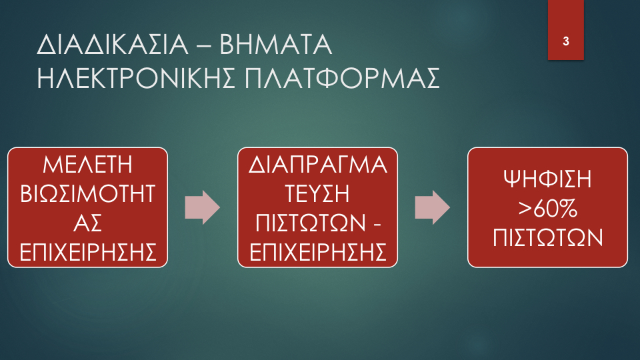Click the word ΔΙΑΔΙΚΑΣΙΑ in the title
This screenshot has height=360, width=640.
[113, 45]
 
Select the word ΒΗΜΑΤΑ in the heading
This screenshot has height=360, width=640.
[276, 45]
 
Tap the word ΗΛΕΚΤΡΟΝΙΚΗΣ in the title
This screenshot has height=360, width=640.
[136, 78]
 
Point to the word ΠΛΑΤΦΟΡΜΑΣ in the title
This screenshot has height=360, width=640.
[342, 78]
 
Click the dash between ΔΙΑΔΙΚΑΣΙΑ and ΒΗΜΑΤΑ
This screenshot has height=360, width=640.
[204, 46]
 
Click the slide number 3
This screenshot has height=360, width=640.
[566, 41]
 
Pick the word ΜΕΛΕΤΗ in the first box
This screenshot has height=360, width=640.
[87, 165]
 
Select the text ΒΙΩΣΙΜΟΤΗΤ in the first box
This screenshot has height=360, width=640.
[87, 193]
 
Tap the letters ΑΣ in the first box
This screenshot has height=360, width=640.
[87, 223]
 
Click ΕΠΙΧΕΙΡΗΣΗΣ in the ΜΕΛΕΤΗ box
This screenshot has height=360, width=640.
[87, 252]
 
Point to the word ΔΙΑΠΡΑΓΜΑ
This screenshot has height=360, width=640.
[317, 165]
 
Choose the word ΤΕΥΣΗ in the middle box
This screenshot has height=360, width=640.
[317, 193]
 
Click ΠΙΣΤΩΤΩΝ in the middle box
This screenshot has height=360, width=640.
[311, 223]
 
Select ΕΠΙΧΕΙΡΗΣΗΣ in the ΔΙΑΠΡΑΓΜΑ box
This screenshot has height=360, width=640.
[317, 252]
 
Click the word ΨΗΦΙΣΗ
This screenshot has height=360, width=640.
[547, 179]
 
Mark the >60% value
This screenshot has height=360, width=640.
[547, 208]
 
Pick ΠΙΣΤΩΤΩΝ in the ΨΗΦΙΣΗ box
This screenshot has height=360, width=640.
[547, 237]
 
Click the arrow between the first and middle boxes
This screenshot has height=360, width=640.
[203, 207]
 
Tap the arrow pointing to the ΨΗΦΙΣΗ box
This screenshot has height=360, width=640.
[432, 207]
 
